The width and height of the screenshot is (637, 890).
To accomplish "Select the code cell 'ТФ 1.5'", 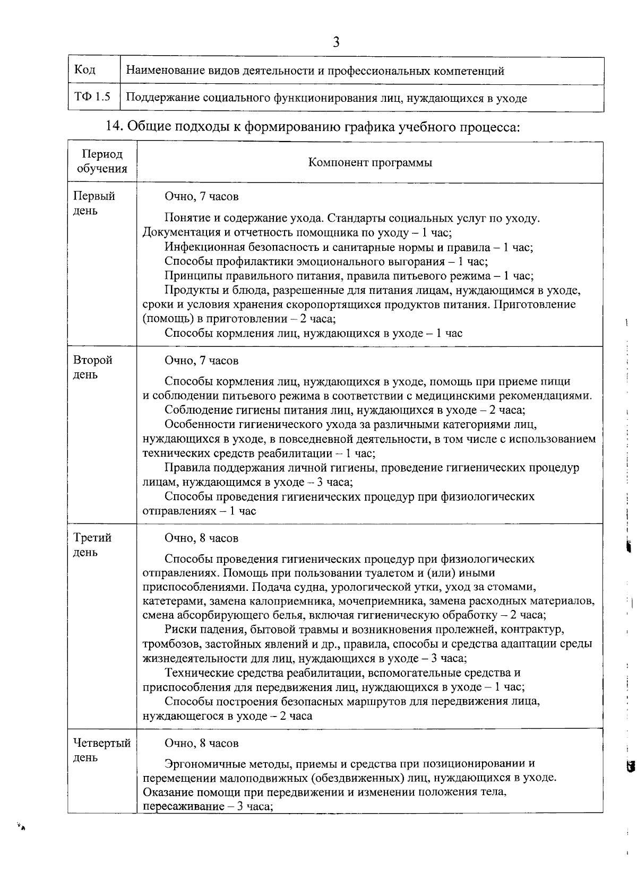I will click(92, 98).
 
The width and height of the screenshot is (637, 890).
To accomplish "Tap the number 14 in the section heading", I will click(115, 127).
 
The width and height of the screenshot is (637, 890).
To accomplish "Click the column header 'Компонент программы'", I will click(370, 162).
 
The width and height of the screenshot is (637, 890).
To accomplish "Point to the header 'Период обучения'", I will click(102, 162).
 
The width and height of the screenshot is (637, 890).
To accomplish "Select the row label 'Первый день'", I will click(93, 204).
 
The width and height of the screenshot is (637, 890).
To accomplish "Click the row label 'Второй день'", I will click(92, 368).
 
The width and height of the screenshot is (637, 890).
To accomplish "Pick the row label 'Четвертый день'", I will click(101, 750).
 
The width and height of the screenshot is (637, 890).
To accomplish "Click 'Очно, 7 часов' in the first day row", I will click(201, 197).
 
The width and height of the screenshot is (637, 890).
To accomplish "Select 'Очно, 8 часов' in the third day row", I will click(201, 538).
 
